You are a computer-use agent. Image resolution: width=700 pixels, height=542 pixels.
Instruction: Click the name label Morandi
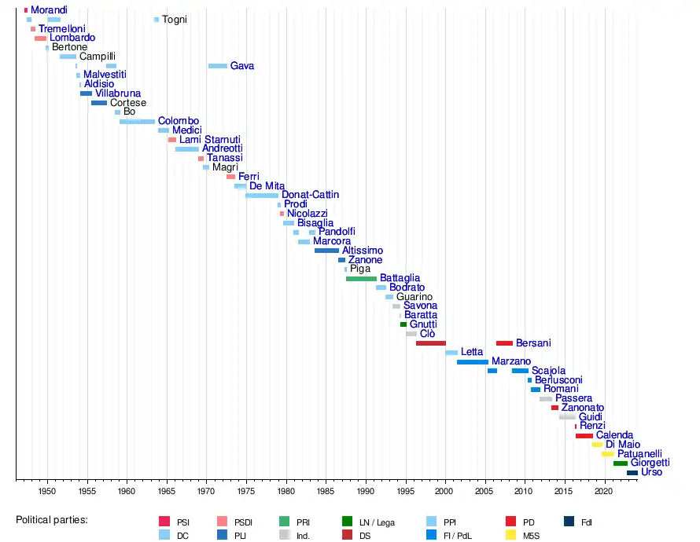pos(49,10)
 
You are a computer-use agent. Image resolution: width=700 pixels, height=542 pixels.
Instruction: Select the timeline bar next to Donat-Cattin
pos(262,195)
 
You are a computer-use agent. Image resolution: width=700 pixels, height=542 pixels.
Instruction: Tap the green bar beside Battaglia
pos(361,278)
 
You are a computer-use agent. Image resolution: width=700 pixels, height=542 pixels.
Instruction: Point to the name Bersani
pos(533,343)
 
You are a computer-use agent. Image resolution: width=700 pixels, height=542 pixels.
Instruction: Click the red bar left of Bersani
pos(504,343)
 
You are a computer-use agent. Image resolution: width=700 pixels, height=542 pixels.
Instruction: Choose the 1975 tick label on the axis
pos(246,491)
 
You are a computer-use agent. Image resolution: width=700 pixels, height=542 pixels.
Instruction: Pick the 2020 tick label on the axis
pos(603,491)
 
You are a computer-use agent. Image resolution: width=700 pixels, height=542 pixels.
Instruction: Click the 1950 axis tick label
pos(47,491)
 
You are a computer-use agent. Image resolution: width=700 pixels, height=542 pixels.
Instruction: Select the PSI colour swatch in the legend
pos(164,521)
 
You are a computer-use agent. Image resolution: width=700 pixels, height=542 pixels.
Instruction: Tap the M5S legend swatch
pos(510,535)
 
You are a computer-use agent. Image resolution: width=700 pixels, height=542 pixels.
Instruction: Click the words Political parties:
pos(52,520)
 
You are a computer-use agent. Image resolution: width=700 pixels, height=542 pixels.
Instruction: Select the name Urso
pos(652,472)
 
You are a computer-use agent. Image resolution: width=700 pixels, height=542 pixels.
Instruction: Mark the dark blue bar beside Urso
pos(632,473)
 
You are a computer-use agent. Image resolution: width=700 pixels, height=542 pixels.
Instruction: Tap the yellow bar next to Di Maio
pos(597,445)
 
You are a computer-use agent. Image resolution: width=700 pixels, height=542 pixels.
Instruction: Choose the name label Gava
pos(242,66)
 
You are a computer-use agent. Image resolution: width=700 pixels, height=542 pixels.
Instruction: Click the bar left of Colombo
pos(137,121)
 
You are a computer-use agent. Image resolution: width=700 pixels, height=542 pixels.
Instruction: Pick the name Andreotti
pos(223,148)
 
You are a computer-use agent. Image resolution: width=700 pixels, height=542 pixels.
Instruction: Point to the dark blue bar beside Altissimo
pos(326,251)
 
